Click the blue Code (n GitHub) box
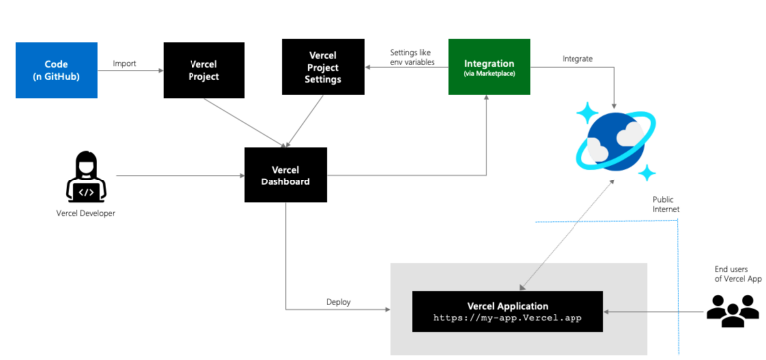(x=56, y=70)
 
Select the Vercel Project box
(x=203, y=70)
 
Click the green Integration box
(x=488, y=67)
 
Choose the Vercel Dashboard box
(x=285, y=175)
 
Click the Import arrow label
(x=125, y=62)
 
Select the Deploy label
(x=338, y=302)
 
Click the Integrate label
(x=577, y=59)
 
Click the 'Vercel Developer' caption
(x=84, y=213)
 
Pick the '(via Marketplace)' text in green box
(x=488, y=74)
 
